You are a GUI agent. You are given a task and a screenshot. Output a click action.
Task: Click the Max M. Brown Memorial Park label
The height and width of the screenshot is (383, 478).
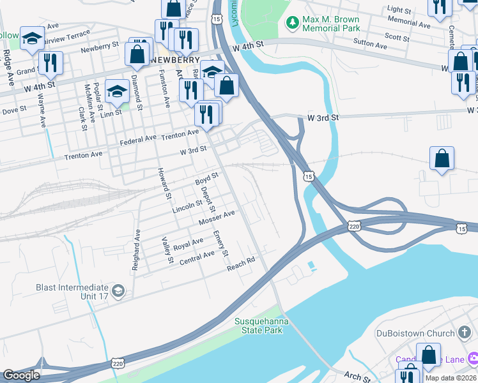pyautogui.click(x=331, y=24)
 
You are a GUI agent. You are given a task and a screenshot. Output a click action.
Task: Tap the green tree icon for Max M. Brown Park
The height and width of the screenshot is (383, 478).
pyautogui.click(x=293, y=22)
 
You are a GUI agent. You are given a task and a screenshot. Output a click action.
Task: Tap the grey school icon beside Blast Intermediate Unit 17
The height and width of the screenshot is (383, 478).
pyautogui.click(x=117, y=292)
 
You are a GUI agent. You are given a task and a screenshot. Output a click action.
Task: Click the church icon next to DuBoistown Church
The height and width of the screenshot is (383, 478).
pyautogui.click(x=465, y=333)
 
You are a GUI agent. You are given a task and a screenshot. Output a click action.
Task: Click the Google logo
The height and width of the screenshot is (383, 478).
pyautogui.click(x=21, y=375)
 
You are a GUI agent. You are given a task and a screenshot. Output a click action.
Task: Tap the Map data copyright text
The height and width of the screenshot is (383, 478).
pyautogui.click(x=450, y=378)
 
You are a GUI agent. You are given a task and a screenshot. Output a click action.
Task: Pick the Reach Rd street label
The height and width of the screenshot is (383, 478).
pyautogui.click(x=241, y=264)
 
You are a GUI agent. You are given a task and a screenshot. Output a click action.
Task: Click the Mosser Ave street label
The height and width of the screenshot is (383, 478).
pyautogui.click(x=217, y=217)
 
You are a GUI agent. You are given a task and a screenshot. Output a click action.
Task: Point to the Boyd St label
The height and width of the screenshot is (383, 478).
pyautogui.click(x=207, y=179)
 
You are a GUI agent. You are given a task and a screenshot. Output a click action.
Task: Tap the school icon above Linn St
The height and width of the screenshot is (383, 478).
pyautogui.click(x=117, y=93)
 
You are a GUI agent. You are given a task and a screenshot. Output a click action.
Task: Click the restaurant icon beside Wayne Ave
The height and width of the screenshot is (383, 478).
pyautogui.click(x=49, y=64)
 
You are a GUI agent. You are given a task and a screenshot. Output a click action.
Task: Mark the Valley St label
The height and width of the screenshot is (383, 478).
pyautogui.click(x=167, y=250)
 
